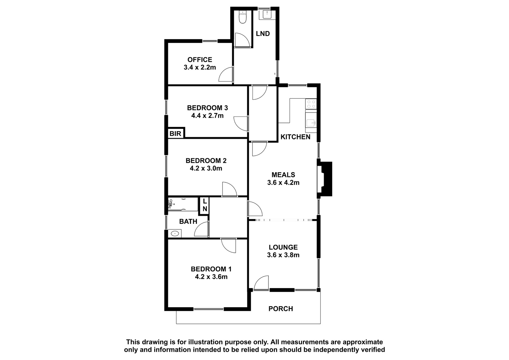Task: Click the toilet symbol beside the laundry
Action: pyautogui.click(x=243, y=17)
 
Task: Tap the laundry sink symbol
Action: pyautogui.click(x=266, y=14)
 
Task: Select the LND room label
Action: pyautogui.click(x=263, y=34)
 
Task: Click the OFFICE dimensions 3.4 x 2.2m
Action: pyautogui.click(x=200, y=67)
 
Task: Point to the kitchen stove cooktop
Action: pyautogui.click(x=311, y=104)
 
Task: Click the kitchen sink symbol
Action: pyautogui.click(x=311, y=123)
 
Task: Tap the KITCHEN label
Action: pyautogui.click(x=296, y=137)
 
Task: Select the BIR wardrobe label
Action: pyautogui.click(x=175, y=134)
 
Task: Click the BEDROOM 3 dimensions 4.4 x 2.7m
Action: pyautogui.click(x=207, y=116)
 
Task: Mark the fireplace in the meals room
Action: pyautogui.click(x=324, y=179)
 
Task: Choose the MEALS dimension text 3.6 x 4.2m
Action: pyautogui.click(x=283, y=182)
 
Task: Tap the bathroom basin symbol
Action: pyautogui.click(x=175, y=233)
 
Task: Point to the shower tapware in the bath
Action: pyautogui.click(x=171, y=204)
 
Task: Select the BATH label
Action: pyautogui.click(x=188, y=222)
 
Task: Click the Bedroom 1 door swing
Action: pyautogui.click(x=228, y=246)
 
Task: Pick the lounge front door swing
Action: pyautogui.click(x=261, y=283)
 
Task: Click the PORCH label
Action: pyautogui.click(x=281, y=309)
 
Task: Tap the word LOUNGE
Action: pyautogui.click(x=283, y=247)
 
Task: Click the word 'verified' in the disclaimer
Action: pyautogui.click(x=373, y=350)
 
